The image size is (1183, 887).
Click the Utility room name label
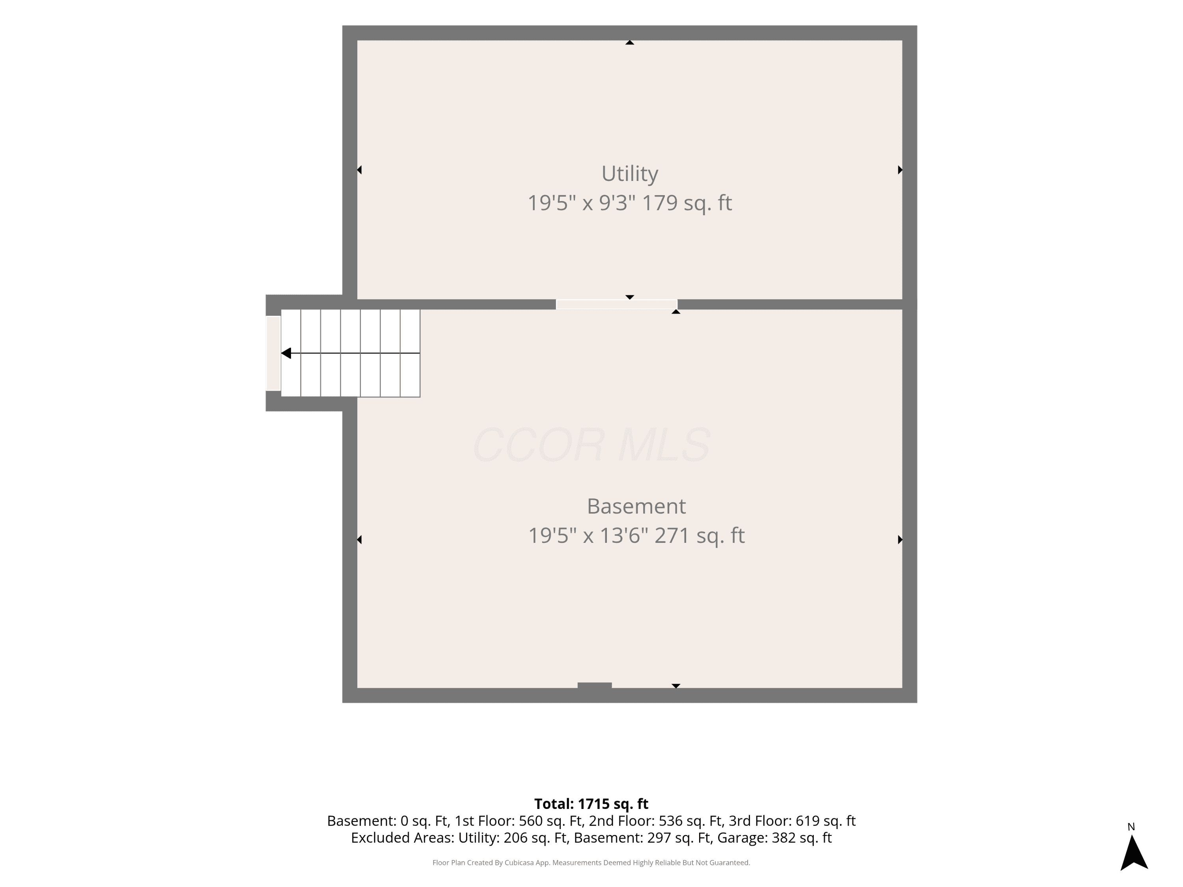point(629,174)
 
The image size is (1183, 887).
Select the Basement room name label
point(636,506)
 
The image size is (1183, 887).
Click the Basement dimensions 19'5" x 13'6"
point(588,536)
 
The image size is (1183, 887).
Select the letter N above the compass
point(1131,827)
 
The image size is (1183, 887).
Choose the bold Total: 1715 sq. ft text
point(591,803)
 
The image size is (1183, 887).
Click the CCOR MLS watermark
point(591,445)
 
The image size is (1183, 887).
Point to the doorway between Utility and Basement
point(617,304)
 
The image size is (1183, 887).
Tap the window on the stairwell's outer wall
point(273,353)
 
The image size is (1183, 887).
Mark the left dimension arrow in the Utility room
point(359,170)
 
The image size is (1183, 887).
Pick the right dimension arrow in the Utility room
point(900,170)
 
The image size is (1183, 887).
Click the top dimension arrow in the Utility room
point(630,42)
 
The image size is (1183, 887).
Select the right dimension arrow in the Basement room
point(900,539)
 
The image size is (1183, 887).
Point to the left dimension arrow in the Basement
point(359,539)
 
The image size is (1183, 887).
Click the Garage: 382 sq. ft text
point(774,838)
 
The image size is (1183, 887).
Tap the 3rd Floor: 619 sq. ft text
point(792,821)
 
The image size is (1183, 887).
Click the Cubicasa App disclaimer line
point(591,863)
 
